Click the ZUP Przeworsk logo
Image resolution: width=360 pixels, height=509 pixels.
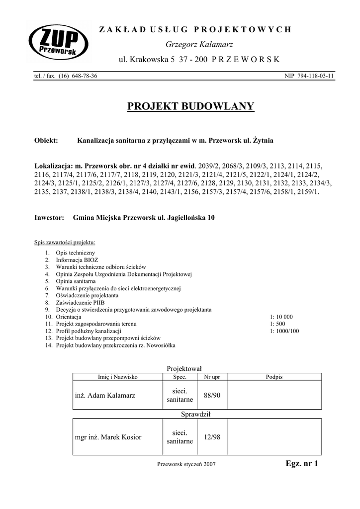(x=58, y=45)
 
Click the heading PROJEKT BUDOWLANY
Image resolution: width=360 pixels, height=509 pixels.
(x=191, y=106)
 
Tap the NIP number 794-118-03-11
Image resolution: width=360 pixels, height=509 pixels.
(x=309, y=76)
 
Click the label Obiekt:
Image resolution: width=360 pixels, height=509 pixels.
(x=46, y=141)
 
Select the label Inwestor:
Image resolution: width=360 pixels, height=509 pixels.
(x=49, y=218)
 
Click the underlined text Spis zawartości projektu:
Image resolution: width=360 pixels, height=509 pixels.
(x=65, y=243)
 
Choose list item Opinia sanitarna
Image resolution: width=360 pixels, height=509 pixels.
(x=76, y=281)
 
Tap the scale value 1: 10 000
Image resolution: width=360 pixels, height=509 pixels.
(x=281, y=317)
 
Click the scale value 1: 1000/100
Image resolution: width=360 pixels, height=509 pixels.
(x=285, y=331)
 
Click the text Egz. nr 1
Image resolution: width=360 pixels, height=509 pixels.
(x=301, y=464)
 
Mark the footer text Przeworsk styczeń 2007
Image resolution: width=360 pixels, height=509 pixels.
(x=186, y=464)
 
